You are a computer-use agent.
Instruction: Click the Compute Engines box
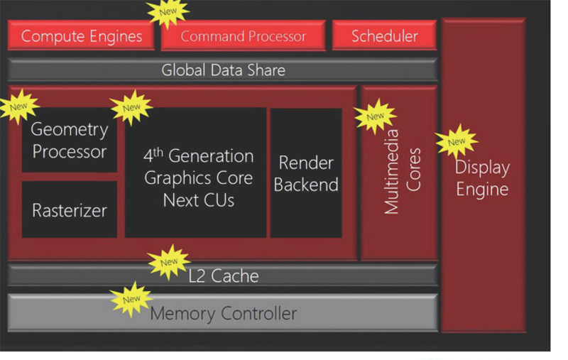[81, 36]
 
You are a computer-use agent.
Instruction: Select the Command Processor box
[243, 36]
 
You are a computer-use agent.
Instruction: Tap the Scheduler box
[384, 36]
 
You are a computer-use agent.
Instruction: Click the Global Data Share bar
[223, 70]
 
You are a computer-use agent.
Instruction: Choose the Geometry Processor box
[69, 141]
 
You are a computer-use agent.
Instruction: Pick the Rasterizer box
[69, 210]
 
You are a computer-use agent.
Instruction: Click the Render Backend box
[305, 174]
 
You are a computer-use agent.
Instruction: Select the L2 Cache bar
[223, 276]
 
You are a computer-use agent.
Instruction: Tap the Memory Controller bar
[223, 313]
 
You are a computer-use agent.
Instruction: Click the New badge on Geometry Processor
[18, 107]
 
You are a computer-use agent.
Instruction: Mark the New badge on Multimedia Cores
[375, 116]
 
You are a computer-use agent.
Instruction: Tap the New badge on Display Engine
[457, 141]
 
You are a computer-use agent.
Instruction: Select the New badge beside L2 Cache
[169, 261]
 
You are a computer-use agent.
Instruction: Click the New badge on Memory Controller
[131, 299]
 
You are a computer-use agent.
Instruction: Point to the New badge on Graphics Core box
[131, 107]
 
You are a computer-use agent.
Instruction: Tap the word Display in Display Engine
[482, 168]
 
